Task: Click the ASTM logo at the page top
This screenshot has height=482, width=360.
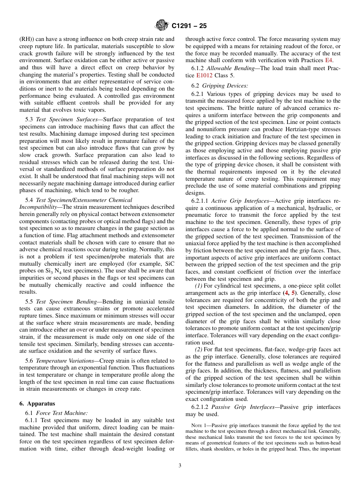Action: (x=161, y=26)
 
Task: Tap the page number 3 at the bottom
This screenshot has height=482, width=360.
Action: (x=180, y=465)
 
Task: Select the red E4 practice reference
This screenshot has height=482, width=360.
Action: (x=329, y=60)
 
